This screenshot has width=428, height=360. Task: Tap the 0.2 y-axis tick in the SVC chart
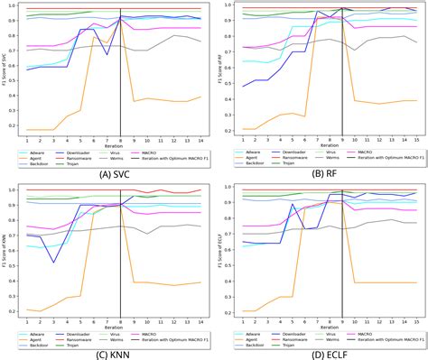[x=18, y=130]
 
